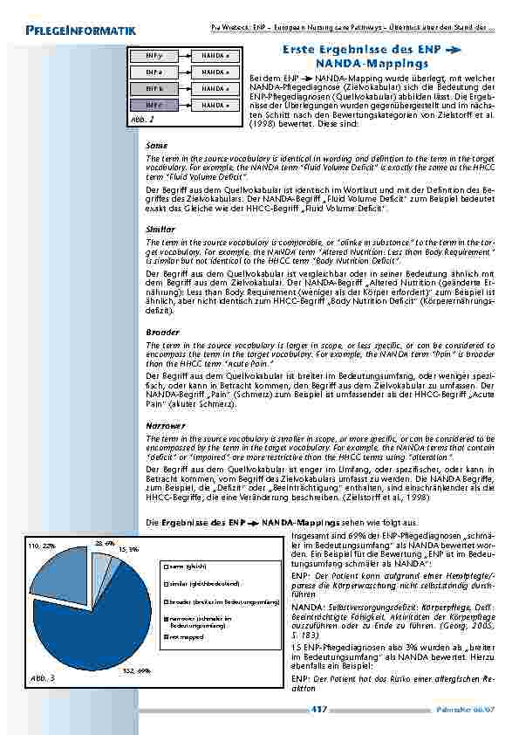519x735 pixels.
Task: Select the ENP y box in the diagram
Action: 152,55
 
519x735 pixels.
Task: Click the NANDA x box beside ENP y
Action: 215,55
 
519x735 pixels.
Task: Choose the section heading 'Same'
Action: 156,145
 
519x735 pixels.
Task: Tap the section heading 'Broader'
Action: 162,332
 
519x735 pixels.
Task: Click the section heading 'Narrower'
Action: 165,425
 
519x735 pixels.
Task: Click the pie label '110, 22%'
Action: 42,546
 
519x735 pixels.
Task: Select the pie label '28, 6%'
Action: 104,542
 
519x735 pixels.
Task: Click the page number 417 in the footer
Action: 319,710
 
